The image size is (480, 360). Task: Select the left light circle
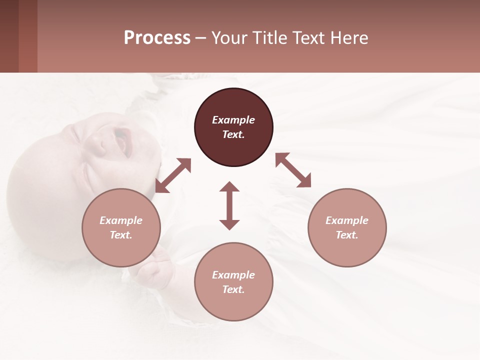pyautogui.click(x=121, y=227)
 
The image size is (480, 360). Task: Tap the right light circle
pyautogui.click(x=347, y=227)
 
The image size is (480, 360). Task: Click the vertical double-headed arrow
pyautogui.click(x=229, y=205)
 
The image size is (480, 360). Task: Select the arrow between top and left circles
pyautogui.click(x=173, y=175)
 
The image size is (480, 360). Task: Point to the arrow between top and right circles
pyautogui.click(x=293, y=170)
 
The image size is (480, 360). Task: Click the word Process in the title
pyautogui.click(x=157, y=37)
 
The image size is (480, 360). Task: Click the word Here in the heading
pyautogui.click(x=350, y=37)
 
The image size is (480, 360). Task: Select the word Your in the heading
pyautogui.click(x=228, y=37)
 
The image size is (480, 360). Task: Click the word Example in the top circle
pyautogui.click(x=233, y=120)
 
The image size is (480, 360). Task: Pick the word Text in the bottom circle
pyautogui.click(x=233, y=289)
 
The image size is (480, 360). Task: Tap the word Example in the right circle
pyautogui.click(x=347, y=220)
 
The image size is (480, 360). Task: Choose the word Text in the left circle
pyautogui.click(x=121, y=235)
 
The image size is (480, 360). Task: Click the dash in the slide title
pyautogui.click(x=201, y=37)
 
